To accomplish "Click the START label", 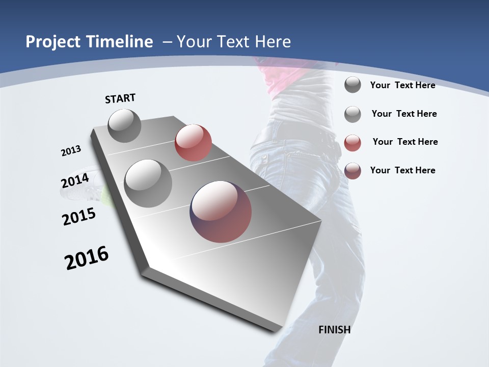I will (x=120, y=98).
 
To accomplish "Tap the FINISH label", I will (x=335, y=330).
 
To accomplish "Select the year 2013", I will (x=71, y=151).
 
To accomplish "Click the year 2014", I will (x=75, y=180).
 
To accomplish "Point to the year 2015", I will (x=79, y=217).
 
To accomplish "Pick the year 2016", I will (x=87, y=257).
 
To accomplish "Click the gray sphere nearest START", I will (x=125, y=125).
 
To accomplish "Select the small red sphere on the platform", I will (x=193, y=143).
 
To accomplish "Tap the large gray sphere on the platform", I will (x=148, y=183).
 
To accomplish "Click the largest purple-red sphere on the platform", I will (x=221, y=212).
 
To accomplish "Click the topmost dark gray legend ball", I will (x=352, y=85).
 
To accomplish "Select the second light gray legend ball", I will (x=352, y=114).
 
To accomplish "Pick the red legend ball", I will (x=352, y=143).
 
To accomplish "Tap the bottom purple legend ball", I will (x=352, y=171).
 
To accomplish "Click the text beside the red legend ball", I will (x=405, y=142).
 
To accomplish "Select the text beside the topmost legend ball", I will (x=402, y=85).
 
